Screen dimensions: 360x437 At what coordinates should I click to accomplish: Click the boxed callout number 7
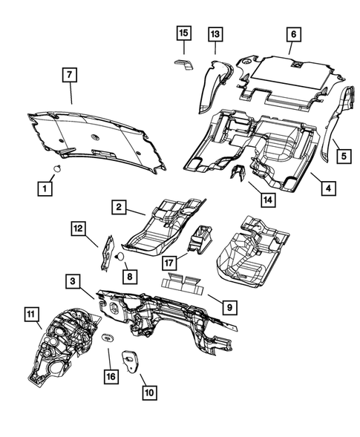[x=70, y=74]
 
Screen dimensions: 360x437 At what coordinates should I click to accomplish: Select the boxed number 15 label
[x=184, y=33]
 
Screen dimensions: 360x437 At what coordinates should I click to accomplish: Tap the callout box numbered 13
[x=215, y=34]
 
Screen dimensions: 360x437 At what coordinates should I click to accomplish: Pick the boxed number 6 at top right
[x=294, y=34]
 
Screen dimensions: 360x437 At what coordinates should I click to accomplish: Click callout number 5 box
[x=344, y=156]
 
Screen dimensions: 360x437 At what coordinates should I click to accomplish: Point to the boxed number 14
[x=268, y=200]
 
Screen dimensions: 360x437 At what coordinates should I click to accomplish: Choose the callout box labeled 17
[x=169, y=263]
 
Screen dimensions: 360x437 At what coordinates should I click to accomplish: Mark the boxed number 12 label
[x=79, y=229]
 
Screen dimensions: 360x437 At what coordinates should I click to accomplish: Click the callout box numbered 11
[x=31, y=315]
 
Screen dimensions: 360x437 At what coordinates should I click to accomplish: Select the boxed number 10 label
[x=149, y=392]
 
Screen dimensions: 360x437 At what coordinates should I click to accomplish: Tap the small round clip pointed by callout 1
[x=57, y=168]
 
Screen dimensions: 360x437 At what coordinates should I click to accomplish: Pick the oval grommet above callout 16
[x=107, y=338]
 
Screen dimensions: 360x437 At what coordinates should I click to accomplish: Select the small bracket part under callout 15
[x=184, y=65]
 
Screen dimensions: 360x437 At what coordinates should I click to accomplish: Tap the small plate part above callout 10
[x=130, y=361]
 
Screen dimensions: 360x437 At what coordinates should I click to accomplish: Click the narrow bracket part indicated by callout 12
[x=108, y=253]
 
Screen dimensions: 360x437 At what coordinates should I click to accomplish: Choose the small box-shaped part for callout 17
[x=200, y=240]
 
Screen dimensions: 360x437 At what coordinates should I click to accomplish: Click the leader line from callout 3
[x=88, y=294]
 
